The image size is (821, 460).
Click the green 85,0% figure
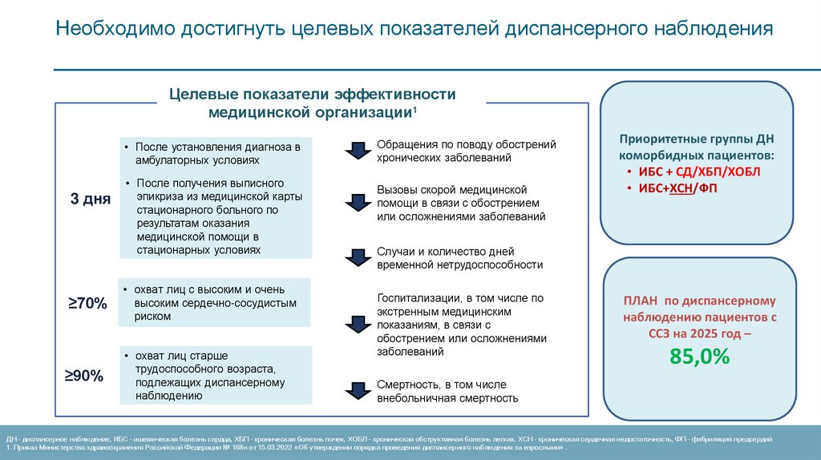(700, 356)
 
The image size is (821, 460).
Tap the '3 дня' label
(91, 199)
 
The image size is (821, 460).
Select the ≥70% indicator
(87, 303)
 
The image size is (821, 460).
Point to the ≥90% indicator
(85, 375)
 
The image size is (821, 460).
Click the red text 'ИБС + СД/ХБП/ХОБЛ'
(699, 171)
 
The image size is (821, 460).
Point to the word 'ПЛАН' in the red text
(641, 301)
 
